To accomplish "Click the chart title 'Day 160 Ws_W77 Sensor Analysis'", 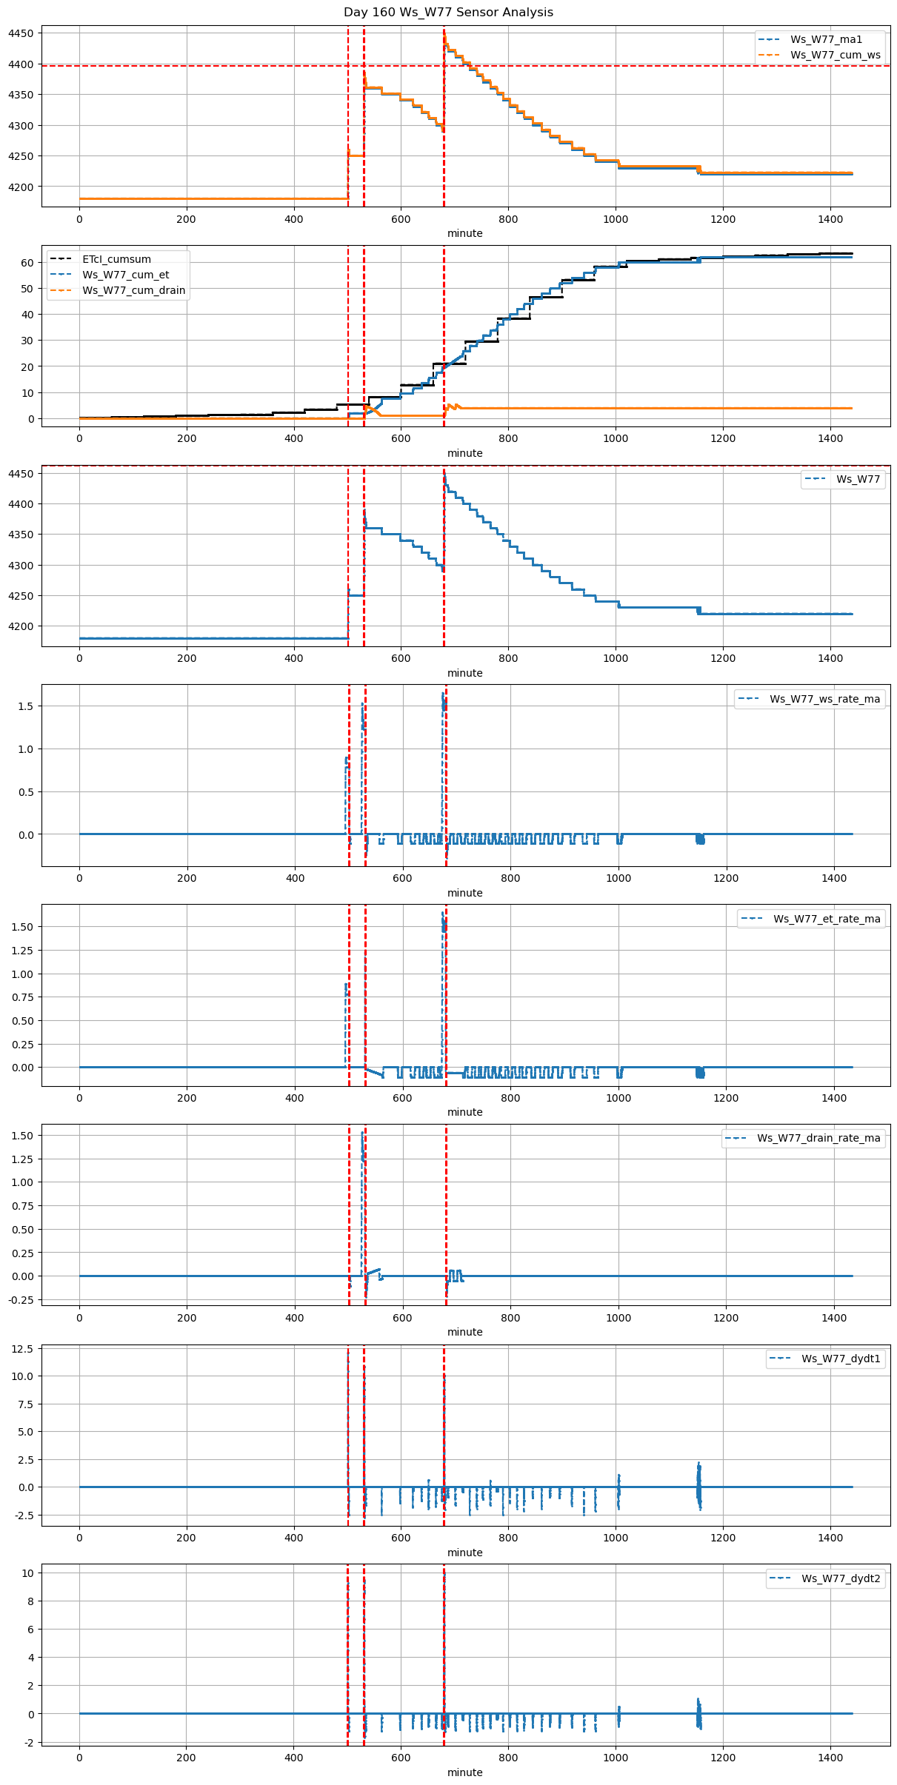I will (448, 13).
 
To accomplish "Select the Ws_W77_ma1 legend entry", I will (826, 40).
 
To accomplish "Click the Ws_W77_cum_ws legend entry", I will (835, 56).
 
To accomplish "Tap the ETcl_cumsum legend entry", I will (116, 260).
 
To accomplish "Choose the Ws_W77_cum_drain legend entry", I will (133, 291).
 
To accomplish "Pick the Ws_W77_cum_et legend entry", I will (125, 275).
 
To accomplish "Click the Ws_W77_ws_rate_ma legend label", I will (824, 700).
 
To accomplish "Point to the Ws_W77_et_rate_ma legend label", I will (827, 920).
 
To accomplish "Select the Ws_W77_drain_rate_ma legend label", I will (818, 1139).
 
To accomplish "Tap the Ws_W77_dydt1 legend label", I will (841, 1359).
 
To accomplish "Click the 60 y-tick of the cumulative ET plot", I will (27, 264).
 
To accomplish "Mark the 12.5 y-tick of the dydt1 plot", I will (23, 1350).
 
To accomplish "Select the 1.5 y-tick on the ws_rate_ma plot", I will (26, 706).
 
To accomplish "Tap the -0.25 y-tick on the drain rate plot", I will (21, 1300).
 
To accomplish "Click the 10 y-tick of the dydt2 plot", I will (27, 1573).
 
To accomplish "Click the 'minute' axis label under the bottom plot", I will (464, 1773).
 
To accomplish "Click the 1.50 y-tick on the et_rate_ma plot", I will (23, 927).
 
